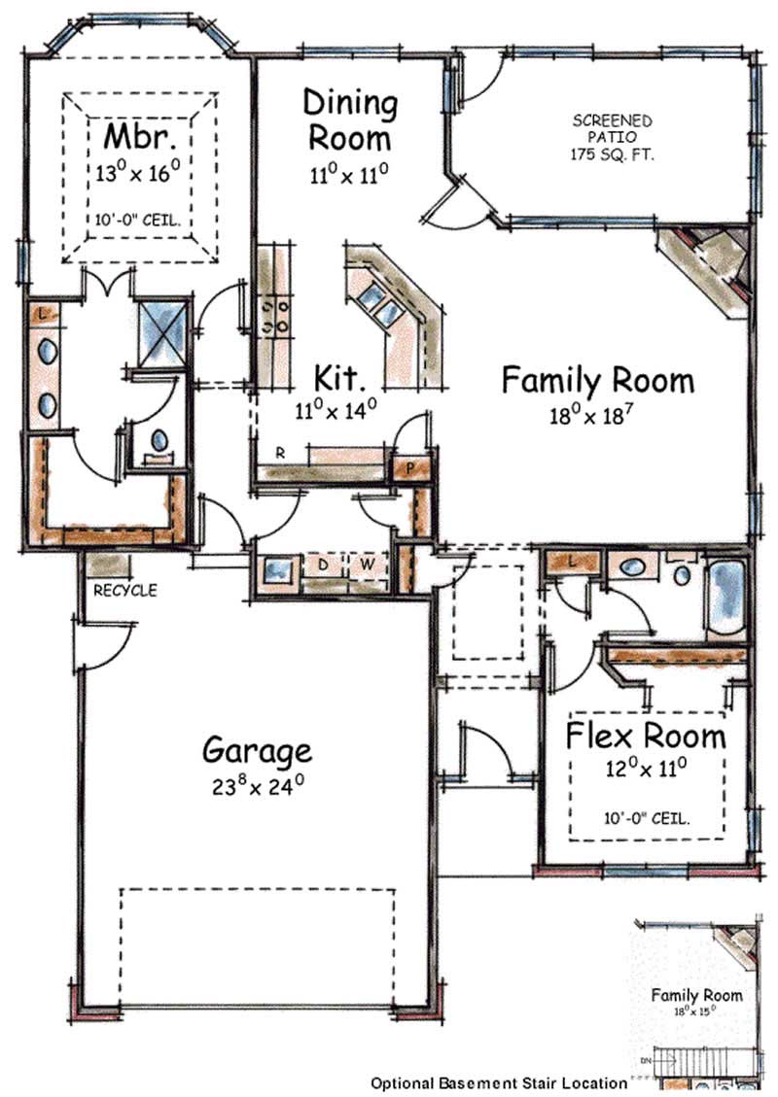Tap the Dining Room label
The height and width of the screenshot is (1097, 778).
(x=350, y=120)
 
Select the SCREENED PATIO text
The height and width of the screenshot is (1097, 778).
(x=612, y=137)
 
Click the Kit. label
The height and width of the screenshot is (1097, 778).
(x=339, y=376)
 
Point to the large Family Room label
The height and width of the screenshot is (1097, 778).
(x=597, y=380)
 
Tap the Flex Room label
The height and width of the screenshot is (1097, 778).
(x=646, y=735)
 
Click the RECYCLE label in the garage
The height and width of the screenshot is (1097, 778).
(x=124, y=590)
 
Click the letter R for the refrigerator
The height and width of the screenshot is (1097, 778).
(x=278, y=453)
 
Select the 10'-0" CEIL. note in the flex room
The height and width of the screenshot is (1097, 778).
(x=646, y=818)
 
